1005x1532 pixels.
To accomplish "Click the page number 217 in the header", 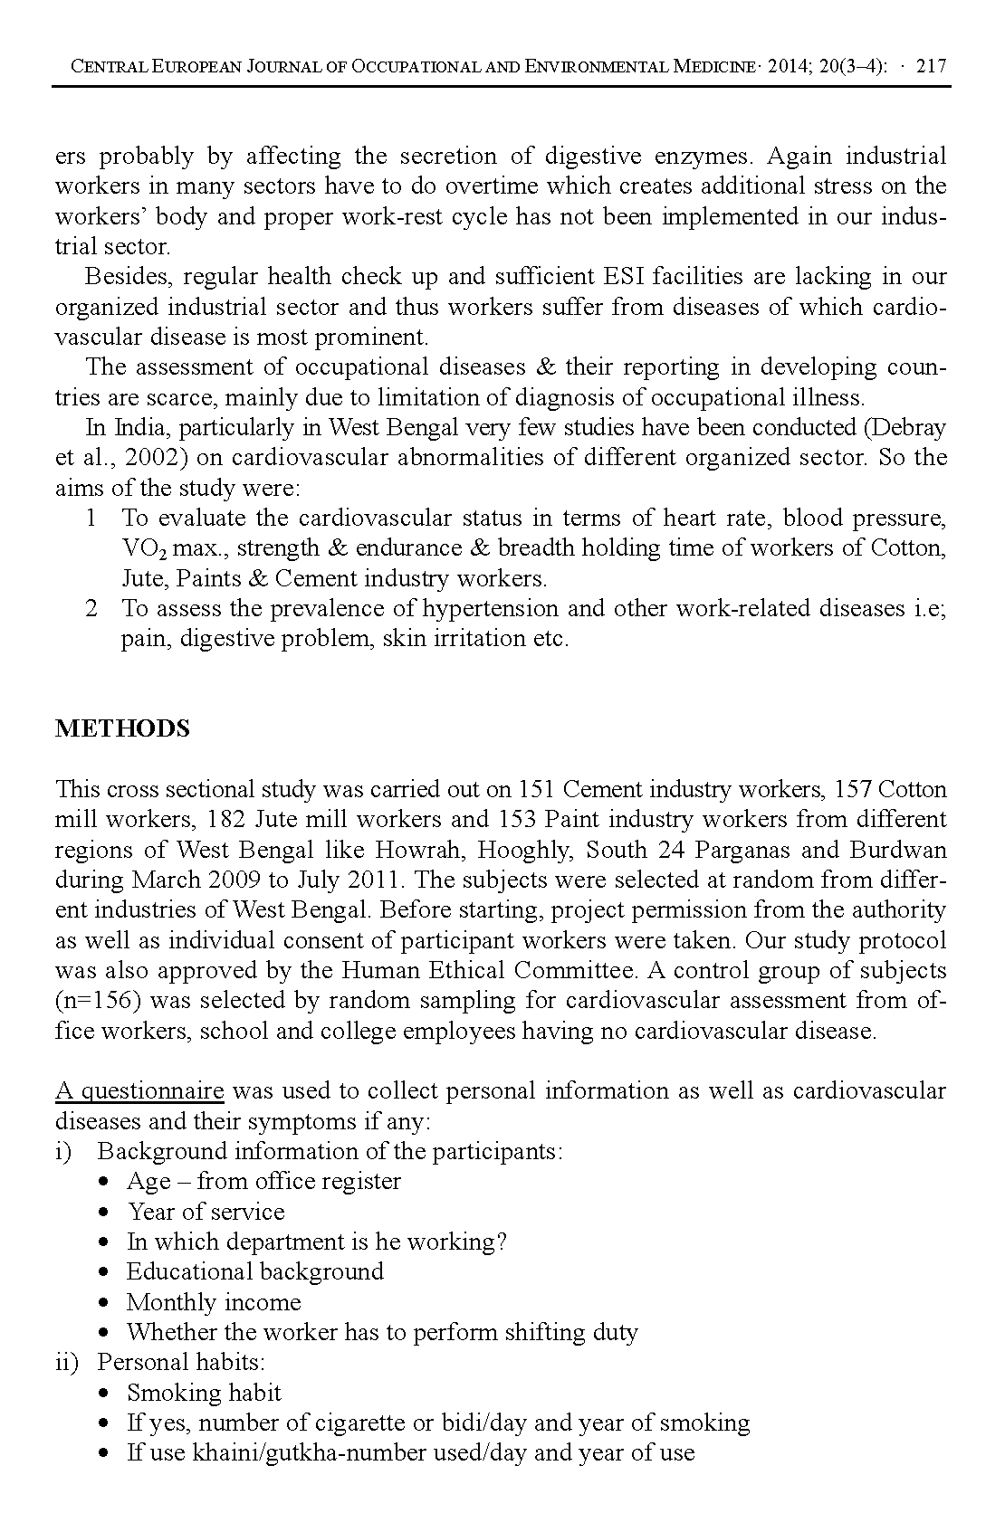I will (x=931, y=66).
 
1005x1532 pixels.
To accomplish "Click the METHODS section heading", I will (x=122, y=728).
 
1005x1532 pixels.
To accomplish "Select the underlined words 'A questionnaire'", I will (x=139, y=1090).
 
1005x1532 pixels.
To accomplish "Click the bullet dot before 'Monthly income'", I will (x=108, y=1304).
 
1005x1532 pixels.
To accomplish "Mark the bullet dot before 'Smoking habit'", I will (x=108, y=1394).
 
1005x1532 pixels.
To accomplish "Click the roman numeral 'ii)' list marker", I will (x=67, y=1362).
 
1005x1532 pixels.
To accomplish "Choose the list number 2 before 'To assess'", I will (x=91, y=608).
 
